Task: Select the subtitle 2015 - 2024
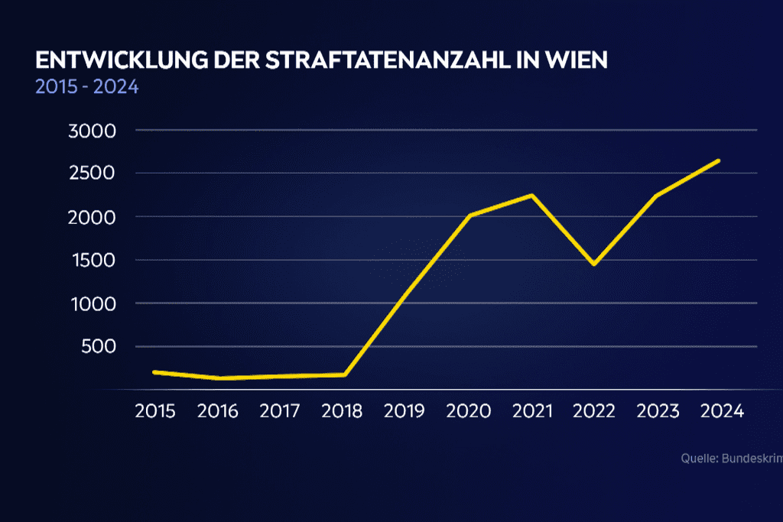click(x=86, y=86)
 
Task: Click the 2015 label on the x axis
click(x=155, y=411)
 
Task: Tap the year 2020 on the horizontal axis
click(x=469, y=411)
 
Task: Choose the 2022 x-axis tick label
click(x=594, y=411)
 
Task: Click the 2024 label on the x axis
click(x=722, y=411)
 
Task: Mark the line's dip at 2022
click(x=593, y=264)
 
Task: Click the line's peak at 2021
click(x=531, y=195)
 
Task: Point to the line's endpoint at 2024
click(x=719, y=160)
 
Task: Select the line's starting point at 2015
click(x=155, y=372)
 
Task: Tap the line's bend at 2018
click(x=345, y=374)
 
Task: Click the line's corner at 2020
click(x=469, y=216)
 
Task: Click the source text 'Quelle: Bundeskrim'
click(x=731, y=459)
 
